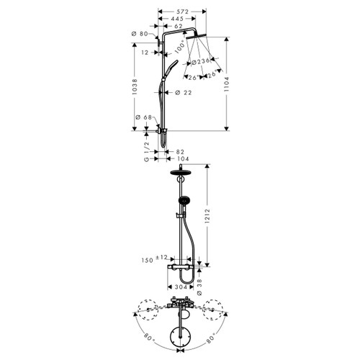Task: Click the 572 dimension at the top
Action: [x=181, y=12]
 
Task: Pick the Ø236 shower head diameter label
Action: [x=201, y=60]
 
